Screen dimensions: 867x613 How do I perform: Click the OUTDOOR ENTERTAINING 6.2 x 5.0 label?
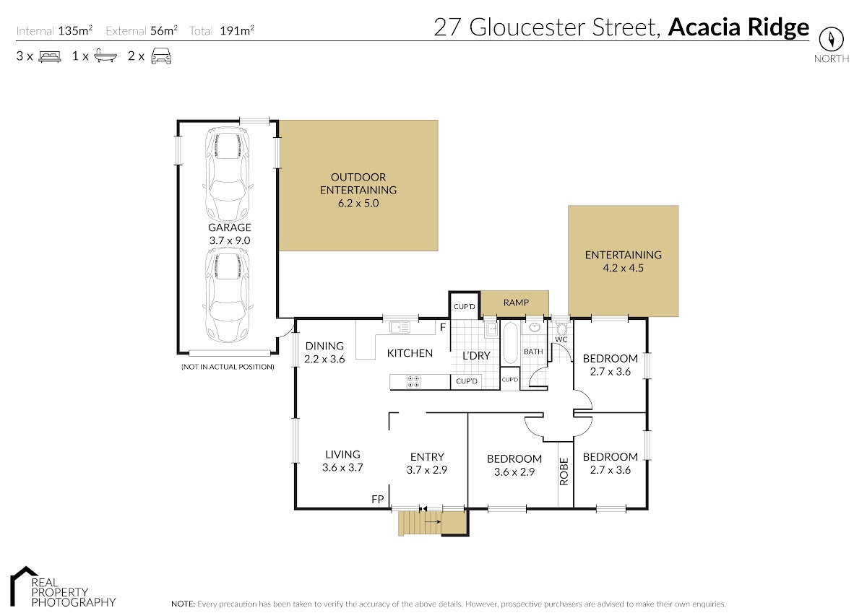click(358, 190)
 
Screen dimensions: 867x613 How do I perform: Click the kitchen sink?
click(400, 327)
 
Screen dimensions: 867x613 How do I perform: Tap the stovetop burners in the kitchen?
click(415, 381)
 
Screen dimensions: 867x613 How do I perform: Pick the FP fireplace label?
click(376, 499)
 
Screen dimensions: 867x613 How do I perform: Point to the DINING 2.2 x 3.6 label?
click(324, 352)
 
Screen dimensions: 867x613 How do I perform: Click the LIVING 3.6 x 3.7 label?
click(342, 461)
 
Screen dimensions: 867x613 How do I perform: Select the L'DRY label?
click(476, 355)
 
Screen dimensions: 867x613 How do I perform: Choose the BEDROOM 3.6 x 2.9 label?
click(514, 464)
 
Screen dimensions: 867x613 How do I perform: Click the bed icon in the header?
click(49, 56)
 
